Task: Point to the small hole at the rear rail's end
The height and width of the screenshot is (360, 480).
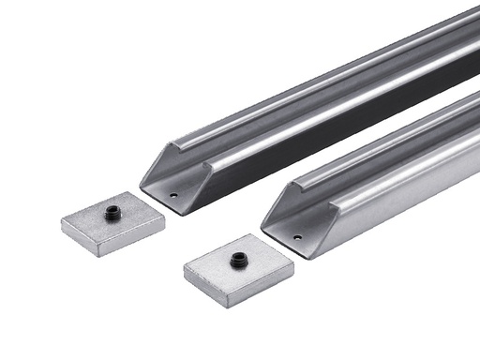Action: pyautogui.click(x=174, y=196)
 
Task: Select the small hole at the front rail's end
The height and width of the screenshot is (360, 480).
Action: pyautogui.click(x=297, y=237)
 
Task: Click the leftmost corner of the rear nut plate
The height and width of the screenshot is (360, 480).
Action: pyautogui.click(x=62, y=220)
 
